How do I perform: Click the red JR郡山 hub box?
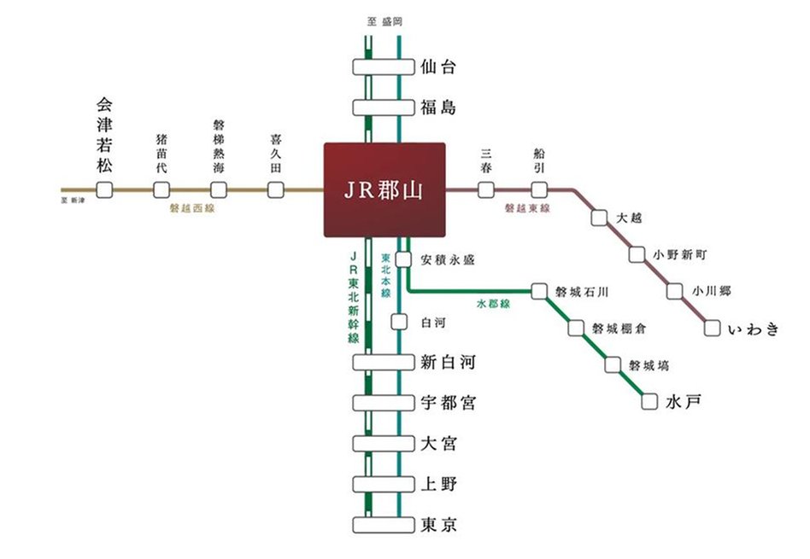click(x=384, y=189)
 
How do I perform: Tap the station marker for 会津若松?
click(x=104, y=189)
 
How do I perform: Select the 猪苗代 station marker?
click(x=161, y=189)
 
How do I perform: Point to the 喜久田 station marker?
click(x=275, y=189)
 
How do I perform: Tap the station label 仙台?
click(x=438, y=67)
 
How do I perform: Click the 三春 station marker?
click(x=485, y=189)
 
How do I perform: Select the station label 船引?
click(x=538, y=160)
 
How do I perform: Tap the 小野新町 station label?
click(x=680, y=254)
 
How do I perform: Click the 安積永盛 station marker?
click(x=403, y=259)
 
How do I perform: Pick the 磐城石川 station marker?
click(x=538, y=291)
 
